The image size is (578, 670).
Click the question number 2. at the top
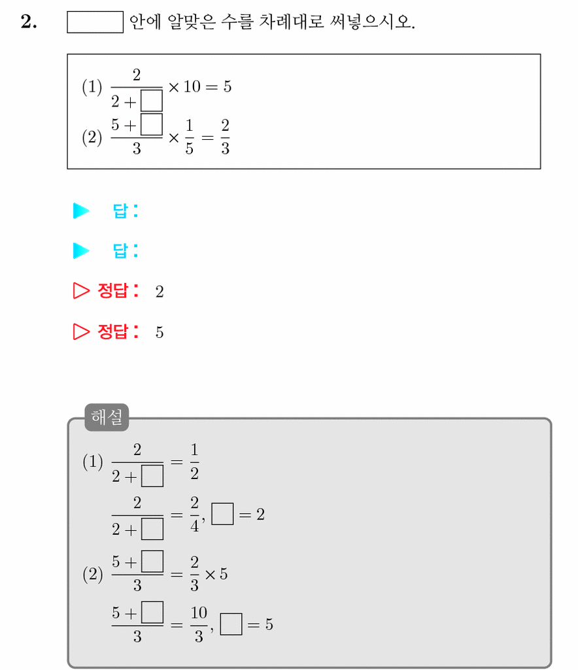(x=29, y=22)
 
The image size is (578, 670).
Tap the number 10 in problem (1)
(x=192, y=87)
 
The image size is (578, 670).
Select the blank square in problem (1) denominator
(x=151, y=101)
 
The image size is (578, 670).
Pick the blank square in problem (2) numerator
(x=151, y=124)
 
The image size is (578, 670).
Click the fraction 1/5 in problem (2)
(x=190, y=137)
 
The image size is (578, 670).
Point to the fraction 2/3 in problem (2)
(x=226, y=137)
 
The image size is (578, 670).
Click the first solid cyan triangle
(x=81, y=210)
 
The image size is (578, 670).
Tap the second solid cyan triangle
(x=81, y=250)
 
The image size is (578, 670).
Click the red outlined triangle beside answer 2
(x=81, y=291)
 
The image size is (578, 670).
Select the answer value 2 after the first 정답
(x=160, y=292)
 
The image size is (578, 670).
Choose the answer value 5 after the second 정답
(x=160, y=333)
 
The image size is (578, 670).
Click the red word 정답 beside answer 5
(x=113, y=331)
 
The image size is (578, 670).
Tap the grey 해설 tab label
(x=107, y=417)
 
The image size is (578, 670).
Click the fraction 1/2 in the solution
(x=195, y=461)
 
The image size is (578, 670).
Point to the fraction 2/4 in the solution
(x=195, y=514)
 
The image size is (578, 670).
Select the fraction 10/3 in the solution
(x=199, y=625)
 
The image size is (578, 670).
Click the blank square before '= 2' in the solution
(x=222, y=514)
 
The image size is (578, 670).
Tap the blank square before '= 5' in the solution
(x=231, y=624)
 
